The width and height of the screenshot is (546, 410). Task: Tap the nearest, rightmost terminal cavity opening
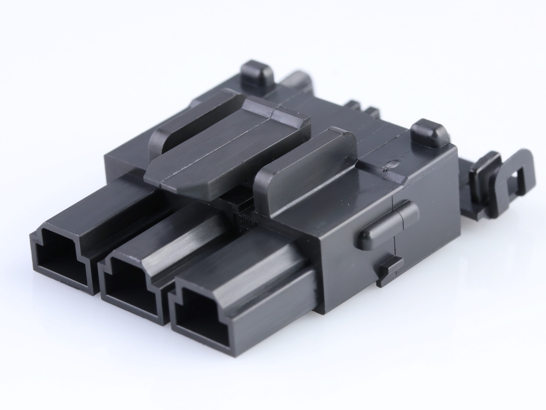(x=198, y=315)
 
